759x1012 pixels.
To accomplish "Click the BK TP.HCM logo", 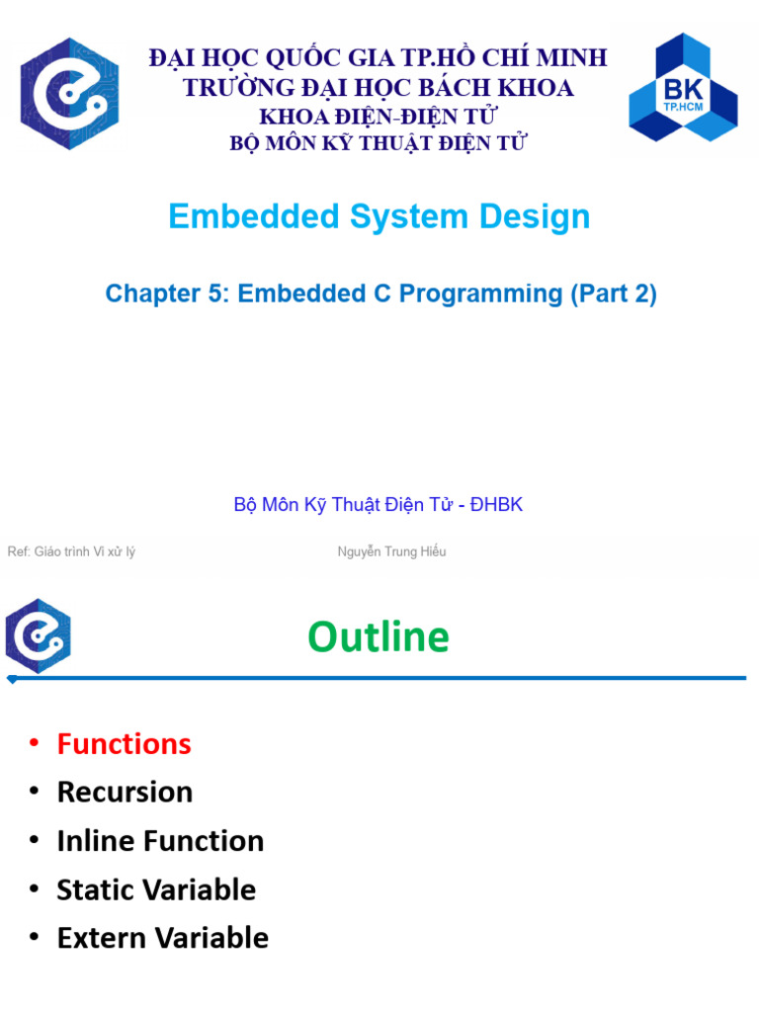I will (683, 88).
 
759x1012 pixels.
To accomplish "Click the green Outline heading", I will (379, 637).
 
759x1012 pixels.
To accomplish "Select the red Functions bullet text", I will (124, 744).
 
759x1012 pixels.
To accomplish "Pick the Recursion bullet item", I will (125, 793).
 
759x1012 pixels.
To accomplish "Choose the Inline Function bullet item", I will (160, 841).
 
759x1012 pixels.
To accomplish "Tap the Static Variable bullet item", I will (156, 889).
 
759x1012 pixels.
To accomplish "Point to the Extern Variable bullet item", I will (162, 938).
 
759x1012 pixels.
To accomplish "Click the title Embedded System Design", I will (379, 216).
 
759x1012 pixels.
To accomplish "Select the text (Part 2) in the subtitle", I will (613, 294).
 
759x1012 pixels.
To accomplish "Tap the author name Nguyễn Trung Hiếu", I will (391, 551).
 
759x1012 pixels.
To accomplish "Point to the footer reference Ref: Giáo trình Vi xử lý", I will (71, 551).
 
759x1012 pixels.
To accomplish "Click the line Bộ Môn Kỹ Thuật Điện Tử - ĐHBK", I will (379, 505).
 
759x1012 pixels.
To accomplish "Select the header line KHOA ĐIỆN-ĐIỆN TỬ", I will (379, 117).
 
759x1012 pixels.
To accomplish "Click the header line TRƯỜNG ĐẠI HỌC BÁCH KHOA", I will (379, 88).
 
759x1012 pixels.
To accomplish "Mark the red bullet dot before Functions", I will (35, 744).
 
